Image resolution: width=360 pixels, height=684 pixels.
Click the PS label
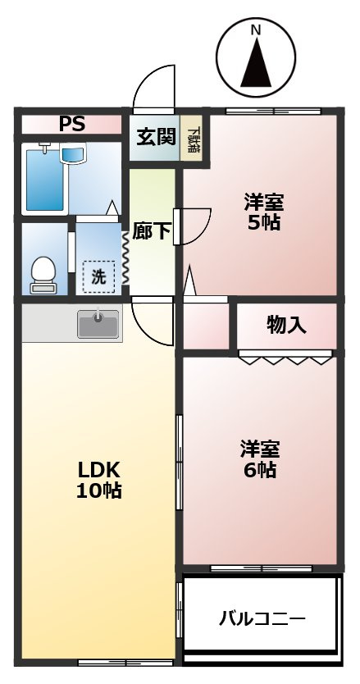(x=72, y=125)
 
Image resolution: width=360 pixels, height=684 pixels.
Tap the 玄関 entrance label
(x=155, y=136)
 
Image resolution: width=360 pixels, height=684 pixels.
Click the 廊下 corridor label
(x=152, y=232)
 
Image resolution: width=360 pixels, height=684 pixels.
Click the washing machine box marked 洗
(x=98, y=277)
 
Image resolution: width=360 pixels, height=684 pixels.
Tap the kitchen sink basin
(x=98, y=325)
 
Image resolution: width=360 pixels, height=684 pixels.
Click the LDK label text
(x=99, y=470)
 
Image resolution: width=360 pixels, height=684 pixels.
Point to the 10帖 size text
(x=99, y=491)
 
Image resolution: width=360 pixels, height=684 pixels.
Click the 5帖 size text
(x=262, y=222)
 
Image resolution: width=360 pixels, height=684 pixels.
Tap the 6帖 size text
(x=260, y=471)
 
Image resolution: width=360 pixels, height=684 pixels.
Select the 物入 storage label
(x=286, y=325)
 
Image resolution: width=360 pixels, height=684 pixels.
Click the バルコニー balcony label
(x=262, y=618)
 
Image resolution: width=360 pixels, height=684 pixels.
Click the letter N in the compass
(x=255, y=30)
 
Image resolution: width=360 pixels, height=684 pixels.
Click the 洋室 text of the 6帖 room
(x=260, y=449)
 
